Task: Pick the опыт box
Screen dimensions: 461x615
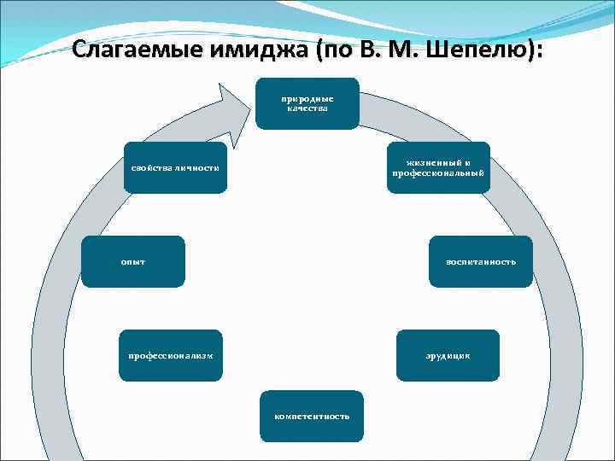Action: coord(133,260)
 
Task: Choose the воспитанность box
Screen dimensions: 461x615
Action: coord(481,260)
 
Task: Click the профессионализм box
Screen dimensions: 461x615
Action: coord(171,354)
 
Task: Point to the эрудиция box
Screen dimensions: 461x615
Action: coord(448,354)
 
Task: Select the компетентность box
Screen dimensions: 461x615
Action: coord(312,416)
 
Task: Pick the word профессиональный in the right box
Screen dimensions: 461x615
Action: coord(438,173)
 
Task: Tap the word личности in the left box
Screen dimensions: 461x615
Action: coord(198,167)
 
